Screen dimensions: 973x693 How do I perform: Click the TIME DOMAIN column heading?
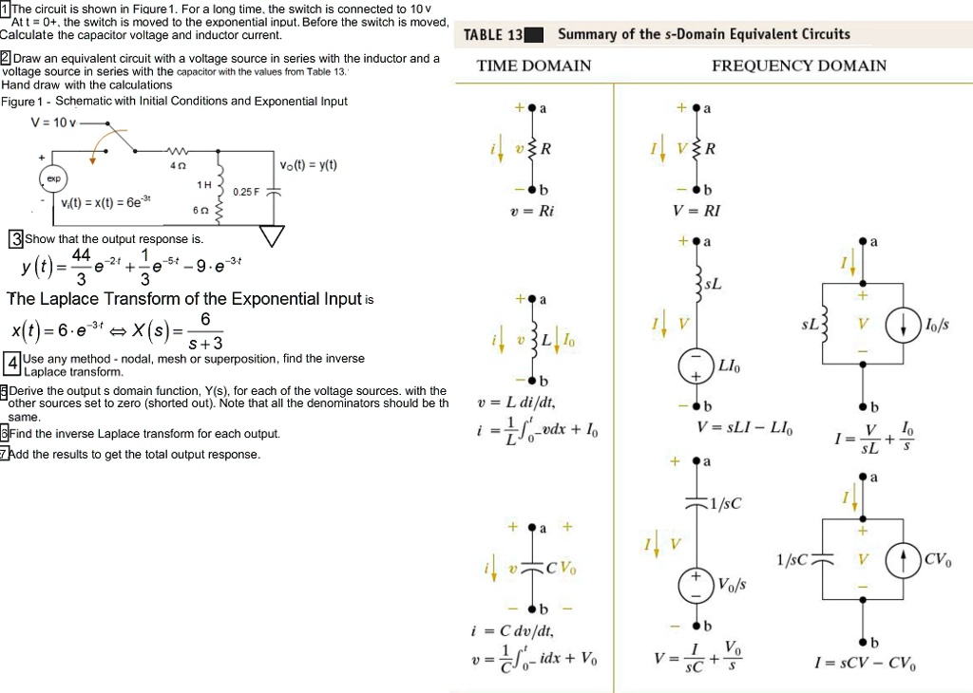[x=533, y=66]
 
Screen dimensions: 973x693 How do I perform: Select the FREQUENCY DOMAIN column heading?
[x=798, y=66]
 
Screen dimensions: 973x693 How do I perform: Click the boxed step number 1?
[x=5, y=9]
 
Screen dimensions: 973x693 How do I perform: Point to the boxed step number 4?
[x=11, y=364]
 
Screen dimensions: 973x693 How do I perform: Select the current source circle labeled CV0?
[x=904, y=560]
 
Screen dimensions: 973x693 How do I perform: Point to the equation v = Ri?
[x=532, y=212]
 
